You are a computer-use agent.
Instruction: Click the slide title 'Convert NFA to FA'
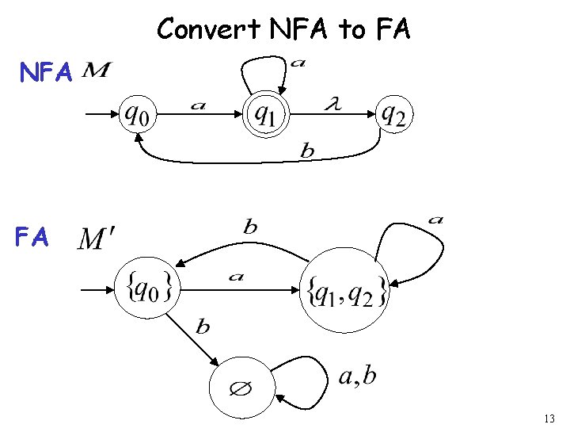click(283, 29)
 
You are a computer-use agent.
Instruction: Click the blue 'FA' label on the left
click(32, 237)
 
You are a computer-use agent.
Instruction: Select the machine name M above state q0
click(96, 72)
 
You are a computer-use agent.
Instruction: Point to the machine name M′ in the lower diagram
click(97, 239)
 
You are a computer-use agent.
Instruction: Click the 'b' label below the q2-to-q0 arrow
click(308, 151)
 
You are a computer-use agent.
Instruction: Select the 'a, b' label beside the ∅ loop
click(357, 375)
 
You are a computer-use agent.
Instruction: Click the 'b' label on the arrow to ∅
click(203, 327)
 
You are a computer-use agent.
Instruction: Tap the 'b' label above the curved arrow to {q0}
click(250, 227)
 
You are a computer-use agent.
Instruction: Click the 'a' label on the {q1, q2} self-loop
click(435, 219)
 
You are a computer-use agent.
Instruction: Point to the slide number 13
click(551, 418)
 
